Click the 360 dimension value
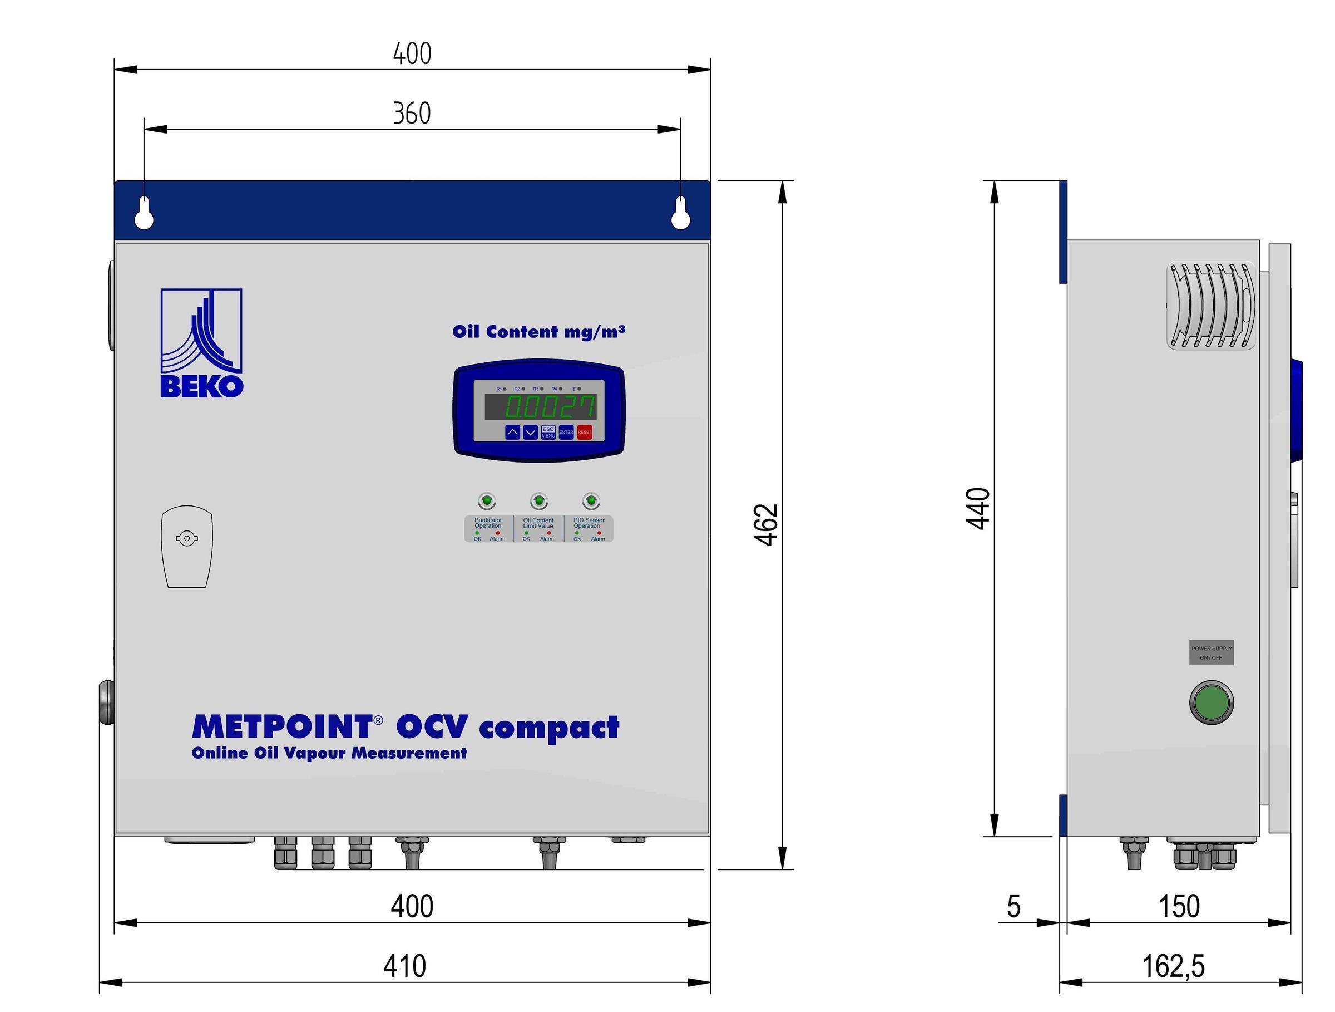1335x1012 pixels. [x=412, y=114]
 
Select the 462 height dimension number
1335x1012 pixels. [x=767, y=524]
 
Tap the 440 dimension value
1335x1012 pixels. [x=978, y=508]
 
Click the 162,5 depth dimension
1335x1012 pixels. [x=1173, y=965]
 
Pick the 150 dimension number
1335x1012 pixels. [x=1179, y=906]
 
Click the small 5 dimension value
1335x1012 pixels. [x=1013, y=906]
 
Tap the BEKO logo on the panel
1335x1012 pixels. [x=201, y=343]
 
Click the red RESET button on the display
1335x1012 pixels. [x=584, y=433]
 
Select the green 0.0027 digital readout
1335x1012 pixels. [x=549, y=407]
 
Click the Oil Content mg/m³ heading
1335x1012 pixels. [x=538, y=332]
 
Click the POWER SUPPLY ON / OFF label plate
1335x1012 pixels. [x=1212, y=653]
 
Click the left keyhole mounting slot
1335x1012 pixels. [x=144, y=213]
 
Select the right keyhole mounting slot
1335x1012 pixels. [x=680, y=213]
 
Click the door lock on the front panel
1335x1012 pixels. [x=186, y=539]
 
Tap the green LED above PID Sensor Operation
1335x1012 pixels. [x=590, y=500]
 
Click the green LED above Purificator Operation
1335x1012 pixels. [x=487, y=500]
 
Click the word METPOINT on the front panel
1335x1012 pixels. [x=281, y=727]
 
